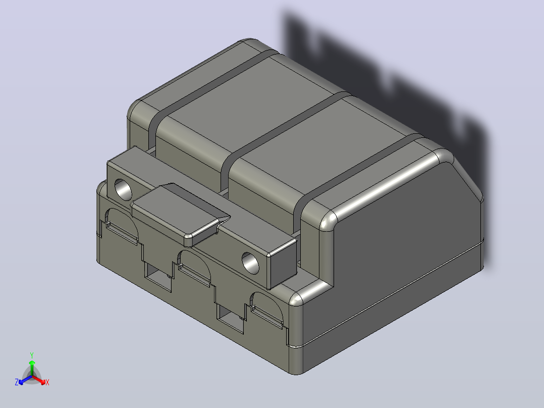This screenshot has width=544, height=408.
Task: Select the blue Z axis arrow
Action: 25,380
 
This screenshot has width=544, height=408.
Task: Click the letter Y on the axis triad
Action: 32,355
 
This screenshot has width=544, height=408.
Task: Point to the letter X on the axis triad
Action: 47,382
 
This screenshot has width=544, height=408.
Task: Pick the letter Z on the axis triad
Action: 16,382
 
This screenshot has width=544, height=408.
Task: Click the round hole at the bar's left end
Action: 123,189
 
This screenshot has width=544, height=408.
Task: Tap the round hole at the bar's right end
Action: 250,263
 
